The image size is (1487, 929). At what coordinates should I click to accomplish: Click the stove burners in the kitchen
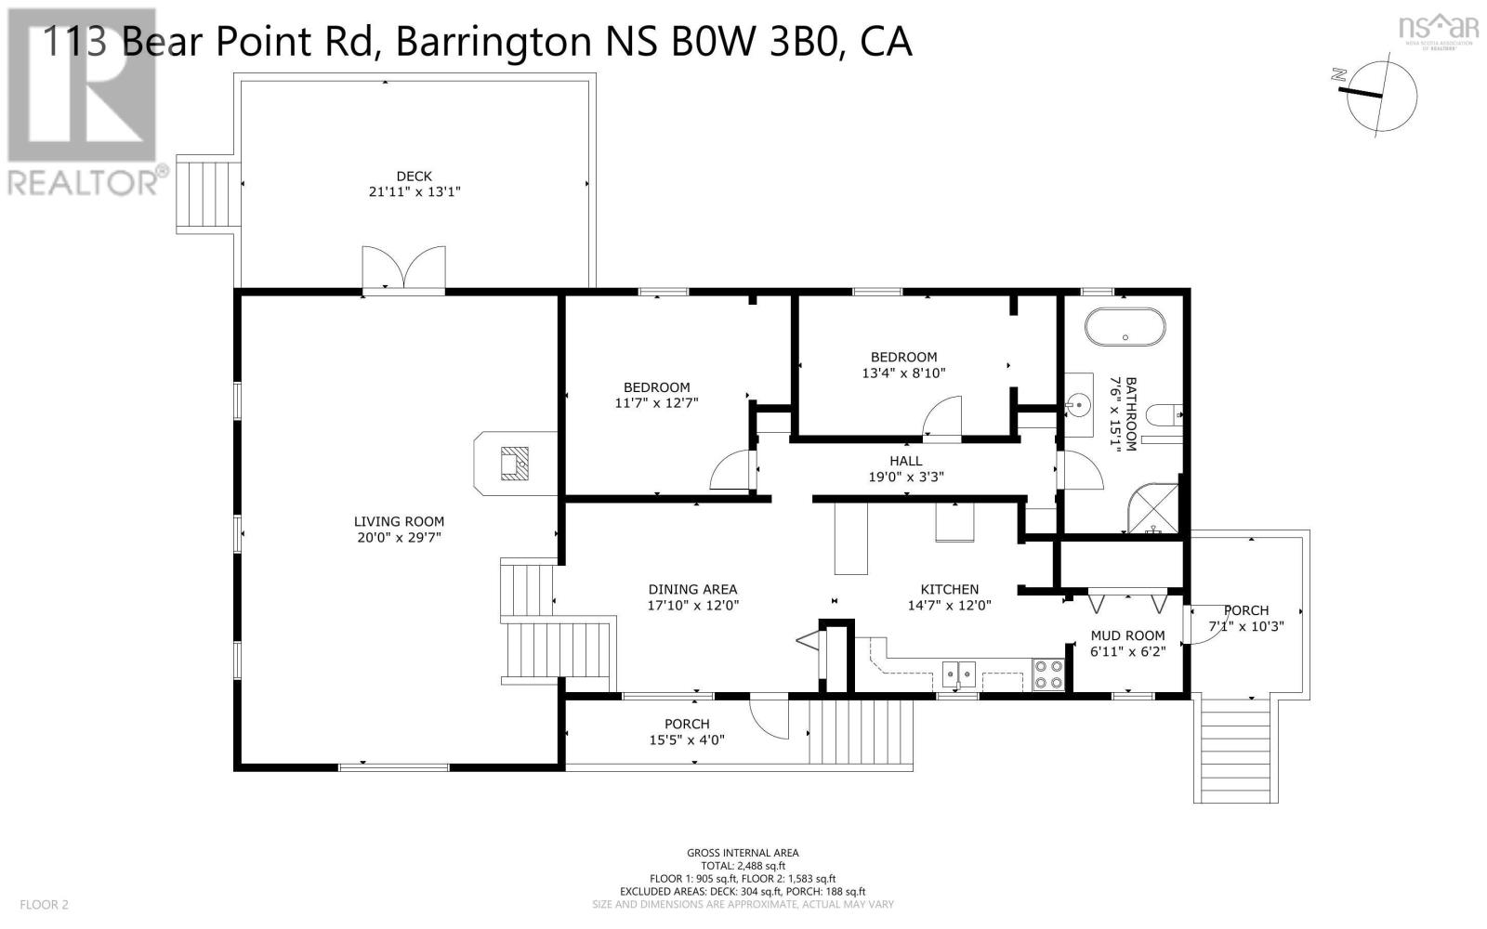(x=1048, y=674)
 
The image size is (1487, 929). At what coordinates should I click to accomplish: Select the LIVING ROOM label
(x=399, y=522)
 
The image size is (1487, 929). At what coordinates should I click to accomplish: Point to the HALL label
(x=905, y=461)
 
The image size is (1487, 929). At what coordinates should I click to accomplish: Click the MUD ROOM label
(x=1126, y=636)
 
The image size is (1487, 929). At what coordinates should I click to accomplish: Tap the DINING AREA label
(x=692, y=589)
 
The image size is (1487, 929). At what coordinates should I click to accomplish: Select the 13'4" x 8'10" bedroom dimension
(x=903, y=373)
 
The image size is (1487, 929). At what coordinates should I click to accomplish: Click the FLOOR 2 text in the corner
(x=45, y=904)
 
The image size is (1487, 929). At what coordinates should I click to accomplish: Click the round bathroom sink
(x=1078, y=405)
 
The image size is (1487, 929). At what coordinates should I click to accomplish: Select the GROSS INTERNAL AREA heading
(x=743, y=853)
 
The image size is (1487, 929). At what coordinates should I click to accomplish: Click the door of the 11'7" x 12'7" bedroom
(x=730, y=470)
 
